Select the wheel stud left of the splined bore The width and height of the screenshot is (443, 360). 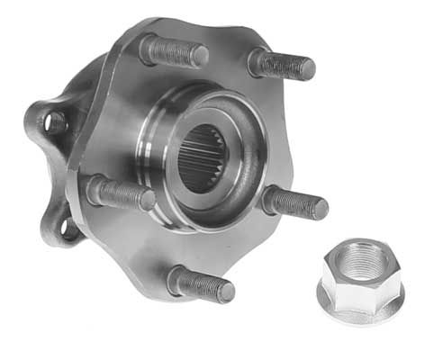pyautogui.click(x=121, y=193)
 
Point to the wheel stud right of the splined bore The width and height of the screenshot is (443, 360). pyautogui.click(x=295, y=203)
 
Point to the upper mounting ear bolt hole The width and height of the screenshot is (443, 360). pyautogui.click(x=55, y=121)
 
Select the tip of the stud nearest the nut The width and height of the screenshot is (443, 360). pyautogui.click(x=320, y=209)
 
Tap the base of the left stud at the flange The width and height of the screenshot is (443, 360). pyautogui.click(x=95, y=187)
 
